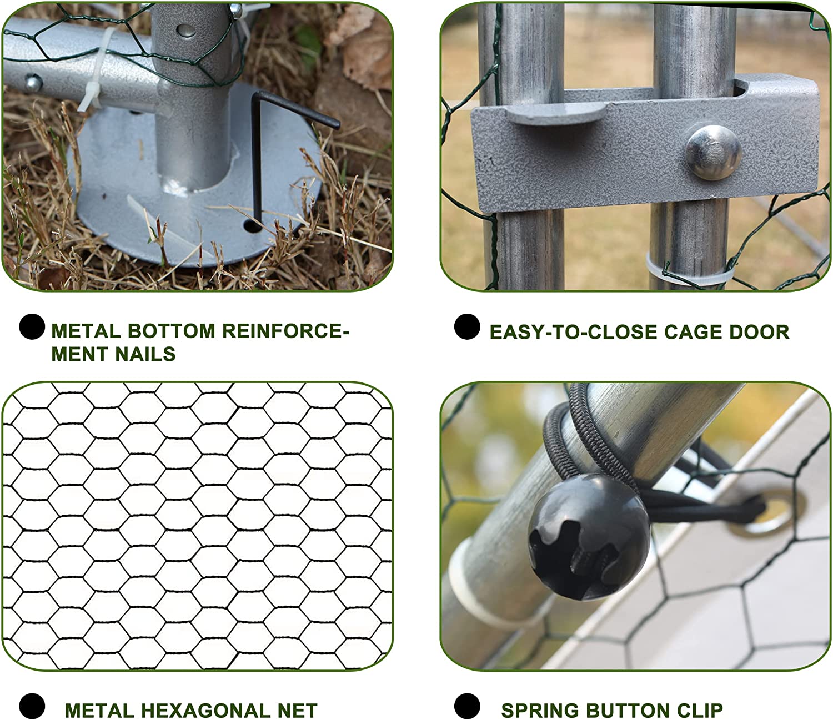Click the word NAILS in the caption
coord(145,354)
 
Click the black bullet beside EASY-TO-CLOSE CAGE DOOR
coord(467,326)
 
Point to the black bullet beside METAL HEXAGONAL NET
coord(32,706)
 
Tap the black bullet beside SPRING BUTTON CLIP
coord(467,706)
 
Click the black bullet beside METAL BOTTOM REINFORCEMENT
coord(32,326)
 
